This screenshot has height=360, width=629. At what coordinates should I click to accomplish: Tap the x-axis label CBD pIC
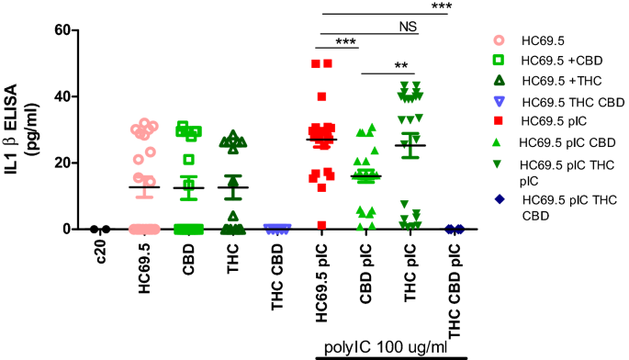(365, 266)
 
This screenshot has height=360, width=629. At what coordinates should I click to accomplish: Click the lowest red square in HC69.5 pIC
(321, 225)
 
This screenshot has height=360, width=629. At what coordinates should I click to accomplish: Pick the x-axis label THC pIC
(410, 266)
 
